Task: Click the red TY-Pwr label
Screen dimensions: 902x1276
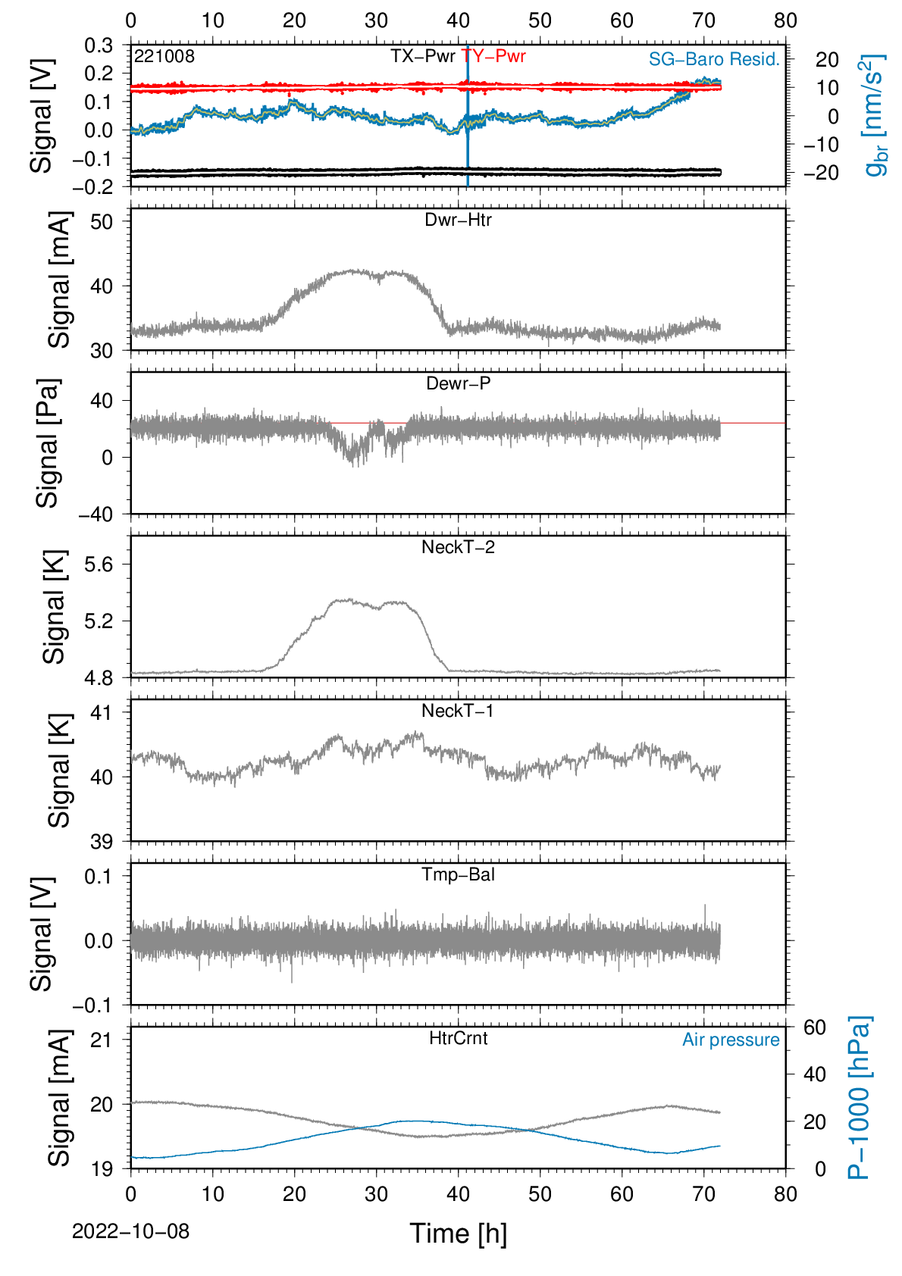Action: tap(493, 56)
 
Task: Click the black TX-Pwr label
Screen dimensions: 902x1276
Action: tap(423, 56)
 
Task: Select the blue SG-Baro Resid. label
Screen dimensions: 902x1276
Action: tap(714, 59)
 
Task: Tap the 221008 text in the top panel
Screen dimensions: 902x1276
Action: tap(164, 56)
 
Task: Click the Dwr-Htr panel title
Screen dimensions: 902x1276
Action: tap(458, 220)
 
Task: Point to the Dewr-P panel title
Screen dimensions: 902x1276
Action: tap(458, 383)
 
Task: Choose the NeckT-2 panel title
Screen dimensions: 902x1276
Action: tap(458, 547)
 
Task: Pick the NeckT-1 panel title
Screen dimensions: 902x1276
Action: tap(458, 710)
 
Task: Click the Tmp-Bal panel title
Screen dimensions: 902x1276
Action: tap(458, 874)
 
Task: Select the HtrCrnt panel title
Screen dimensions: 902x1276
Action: tap(458, 1038)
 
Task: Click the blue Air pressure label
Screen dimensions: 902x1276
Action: tap(731, 1040)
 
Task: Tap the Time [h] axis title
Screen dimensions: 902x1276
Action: tap(458, 1234)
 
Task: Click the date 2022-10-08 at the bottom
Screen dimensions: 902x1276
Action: tap(130, 1231)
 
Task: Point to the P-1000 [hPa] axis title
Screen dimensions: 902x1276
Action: tap(860, 1098)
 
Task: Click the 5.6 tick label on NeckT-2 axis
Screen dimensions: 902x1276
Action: tap(99, 565)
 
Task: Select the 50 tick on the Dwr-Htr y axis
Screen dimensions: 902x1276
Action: tap(102, 221)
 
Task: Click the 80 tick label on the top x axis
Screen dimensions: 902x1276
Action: tap(785, 20)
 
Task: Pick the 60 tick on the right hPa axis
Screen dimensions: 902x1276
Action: tap(814, 1027)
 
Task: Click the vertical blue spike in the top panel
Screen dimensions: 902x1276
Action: tap(468, 116)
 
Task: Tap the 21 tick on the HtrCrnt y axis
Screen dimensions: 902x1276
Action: tap(102, 1040)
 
